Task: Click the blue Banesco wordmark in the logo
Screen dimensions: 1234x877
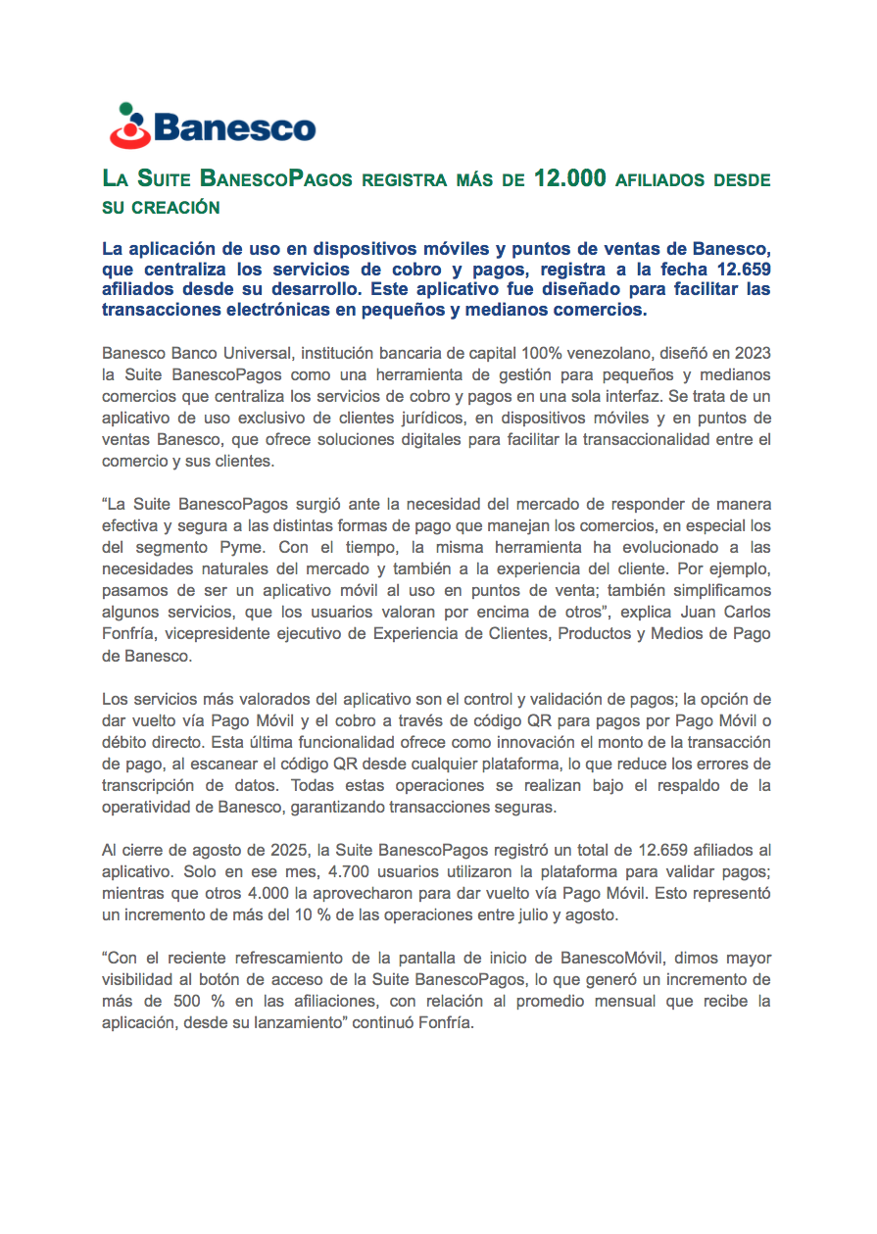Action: pos(234,128)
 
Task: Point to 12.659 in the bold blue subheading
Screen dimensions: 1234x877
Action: pos(744,271)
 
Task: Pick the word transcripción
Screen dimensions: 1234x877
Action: pos(151,784)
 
